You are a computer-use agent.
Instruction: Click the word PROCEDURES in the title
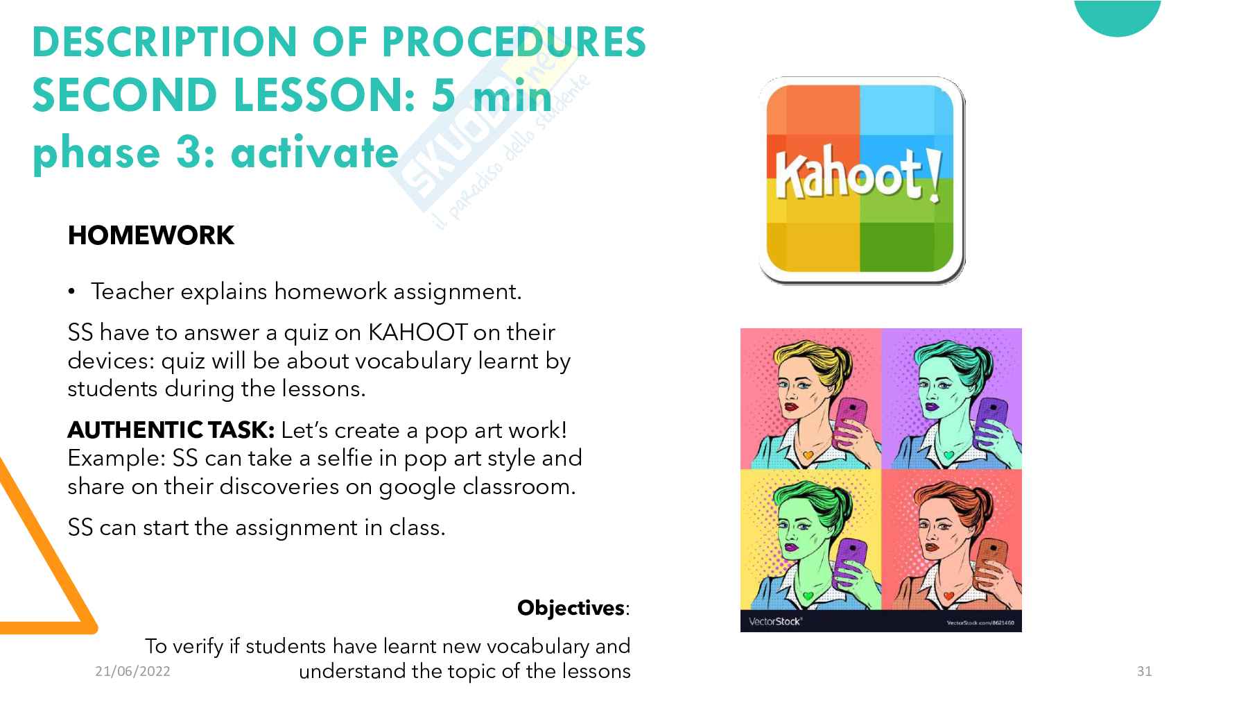coord(514,41)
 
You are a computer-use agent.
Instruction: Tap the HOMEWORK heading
coord(151,235)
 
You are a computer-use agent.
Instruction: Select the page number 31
coord(1144,671)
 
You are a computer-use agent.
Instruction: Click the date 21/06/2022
coord(132,671)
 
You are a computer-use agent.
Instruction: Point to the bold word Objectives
coord(571,608)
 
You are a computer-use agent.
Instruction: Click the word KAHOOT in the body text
coord(417,332)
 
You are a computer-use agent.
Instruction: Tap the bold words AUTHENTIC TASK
coord(171,430)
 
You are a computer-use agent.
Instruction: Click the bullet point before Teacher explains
coord(71,292)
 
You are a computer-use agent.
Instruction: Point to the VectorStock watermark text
coord(775,621)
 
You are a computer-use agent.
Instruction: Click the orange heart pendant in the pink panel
coord(807,455)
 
